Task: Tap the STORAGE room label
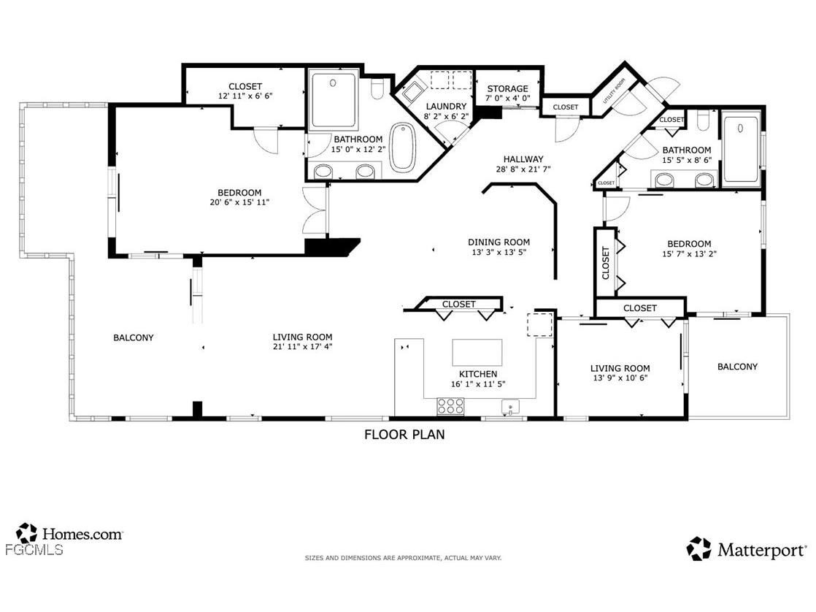[507, 89]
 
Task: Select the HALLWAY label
[523, 159]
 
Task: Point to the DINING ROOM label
[499, 242]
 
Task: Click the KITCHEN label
[478, 374]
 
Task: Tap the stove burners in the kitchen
[450, 406]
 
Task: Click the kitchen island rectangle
[478, 352]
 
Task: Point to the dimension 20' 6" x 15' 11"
[239, 202]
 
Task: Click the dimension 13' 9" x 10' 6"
[620, 378]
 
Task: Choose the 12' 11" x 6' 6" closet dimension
[245, 96]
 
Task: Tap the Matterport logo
[747, 549]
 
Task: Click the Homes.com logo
[69, 534]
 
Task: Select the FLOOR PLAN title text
[404, 435]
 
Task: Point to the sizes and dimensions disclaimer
[403, 558]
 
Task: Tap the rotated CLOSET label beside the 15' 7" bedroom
[605, 263]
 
